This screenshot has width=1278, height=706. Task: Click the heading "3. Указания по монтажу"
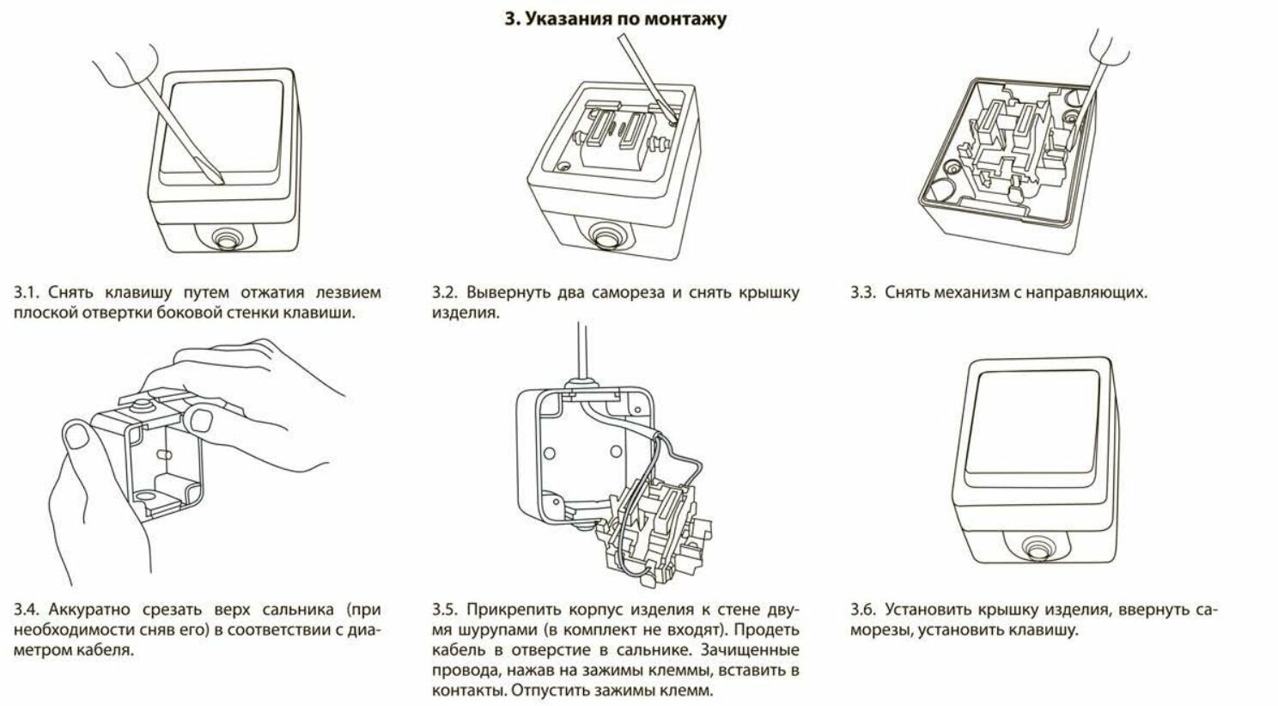[x=615, y=18]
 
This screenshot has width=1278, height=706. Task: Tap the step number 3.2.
[x=444, y=293]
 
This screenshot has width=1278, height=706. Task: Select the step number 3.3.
[x=862, y=293]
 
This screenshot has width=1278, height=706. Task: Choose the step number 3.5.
[x=444, y=611]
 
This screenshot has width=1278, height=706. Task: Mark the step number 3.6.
[x=862, y=611]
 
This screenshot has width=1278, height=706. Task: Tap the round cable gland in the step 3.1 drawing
[x=226, y=236]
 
